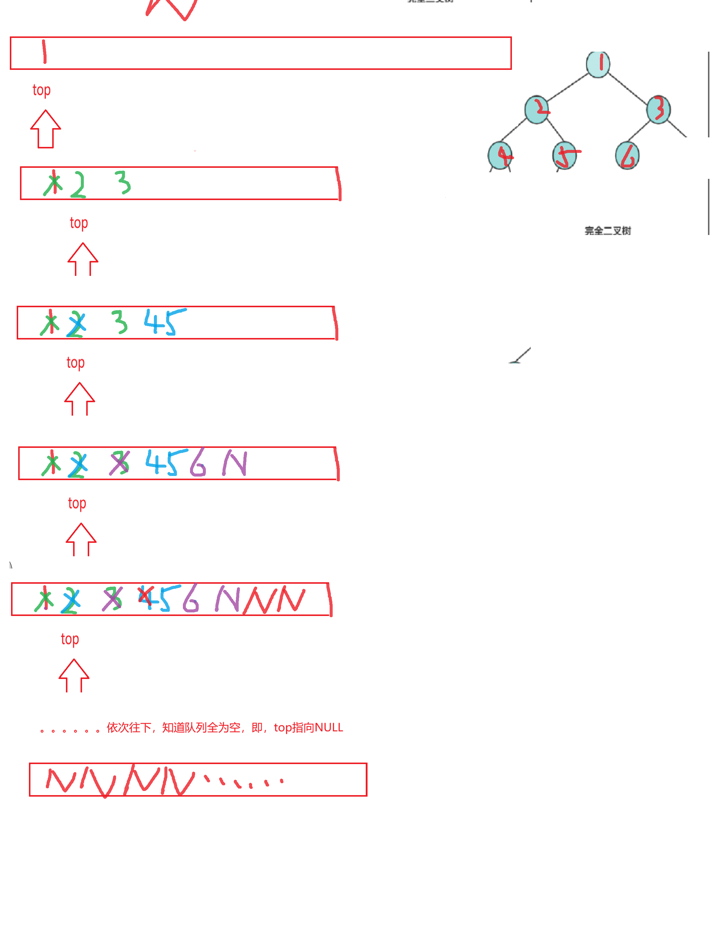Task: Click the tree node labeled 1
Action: click(598, 64)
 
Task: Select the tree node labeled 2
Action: click(537, 110)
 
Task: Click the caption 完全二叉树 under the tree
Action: click(608, 231)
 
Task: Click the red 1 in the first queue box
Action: click(44, 52)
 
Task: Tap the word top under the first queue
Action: click(41, 90)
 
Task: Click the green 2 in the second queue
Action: click(78, 185)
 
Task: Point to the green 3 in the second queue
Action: click(123, 182)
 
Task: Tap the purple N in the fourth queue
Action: click(234, 463)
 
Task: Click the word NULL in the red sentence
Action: click(328, 728)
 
